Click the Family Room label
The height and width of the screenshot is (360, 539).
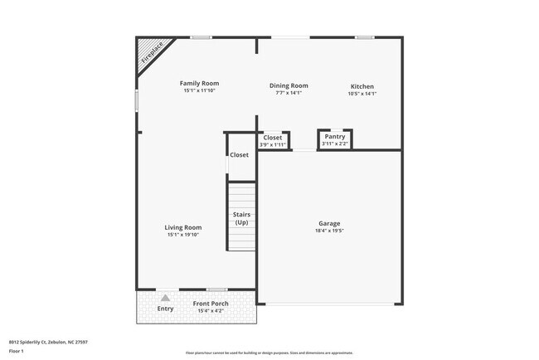coord(200,83)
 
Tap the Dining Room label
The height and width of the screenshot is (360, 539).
coord(289,85)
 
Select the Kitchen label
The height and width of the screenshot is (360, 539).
coord(362,86)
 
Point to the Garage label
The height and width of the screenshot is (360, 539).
coord(330,223)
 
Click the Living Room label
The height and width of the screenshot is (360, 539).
coord(183,227)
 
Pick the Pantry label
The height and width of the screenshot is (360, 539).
coord(335,137)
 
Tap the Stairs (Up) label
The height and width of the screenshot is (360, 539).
coord(241,219)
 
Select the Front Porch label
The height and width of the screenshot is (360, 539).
coord(211,304)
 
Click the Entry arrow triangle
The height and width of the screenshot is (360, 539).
coord(166,297)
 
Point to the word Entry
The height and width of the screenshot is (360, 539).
coord(166,309)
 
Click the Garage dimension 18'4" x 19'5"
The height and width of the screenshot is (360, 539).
coord(330,231)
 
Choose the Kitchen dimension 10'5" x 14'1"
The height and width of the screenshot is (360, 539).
coord(362,94)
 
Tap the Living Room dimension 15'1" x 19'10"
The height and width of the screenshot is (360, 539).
coord(183,235)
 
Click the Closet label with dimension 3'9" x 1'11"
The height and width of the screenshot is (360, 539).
coord(273,138)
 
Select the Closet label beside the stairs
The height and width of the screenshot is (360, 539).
coord(239,155)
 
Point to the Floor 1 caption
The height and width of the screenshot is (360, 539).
coord(16,351)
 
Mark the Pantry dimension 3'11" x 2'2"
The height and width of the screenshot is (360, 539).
coord(335,144)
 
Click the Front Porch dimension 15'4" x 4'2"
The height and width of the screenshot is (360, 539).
coord(211,311)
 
